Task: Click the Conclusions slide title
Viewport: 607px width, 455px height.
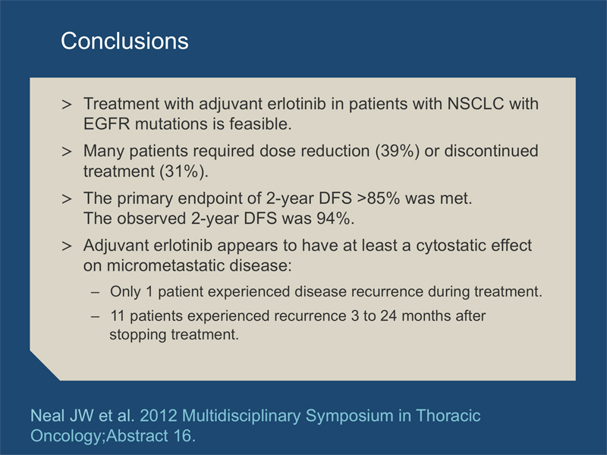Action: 124,41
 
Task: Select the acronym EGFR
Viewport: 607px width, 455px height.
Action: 107,124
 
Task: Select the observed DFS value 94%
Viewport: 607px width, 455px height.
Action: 335,218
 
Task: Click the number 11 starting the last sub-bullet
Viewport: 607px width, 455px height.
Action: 118,315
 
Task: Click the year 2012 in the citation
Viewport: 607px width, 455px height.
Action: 159,416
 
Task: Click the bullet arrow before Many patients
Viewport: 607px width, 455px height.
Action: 67,152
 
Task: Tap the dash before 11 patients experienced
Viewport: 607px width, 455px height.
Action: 96,316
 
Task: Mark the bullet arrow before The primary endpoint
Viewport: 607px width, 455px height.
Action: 67,199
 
